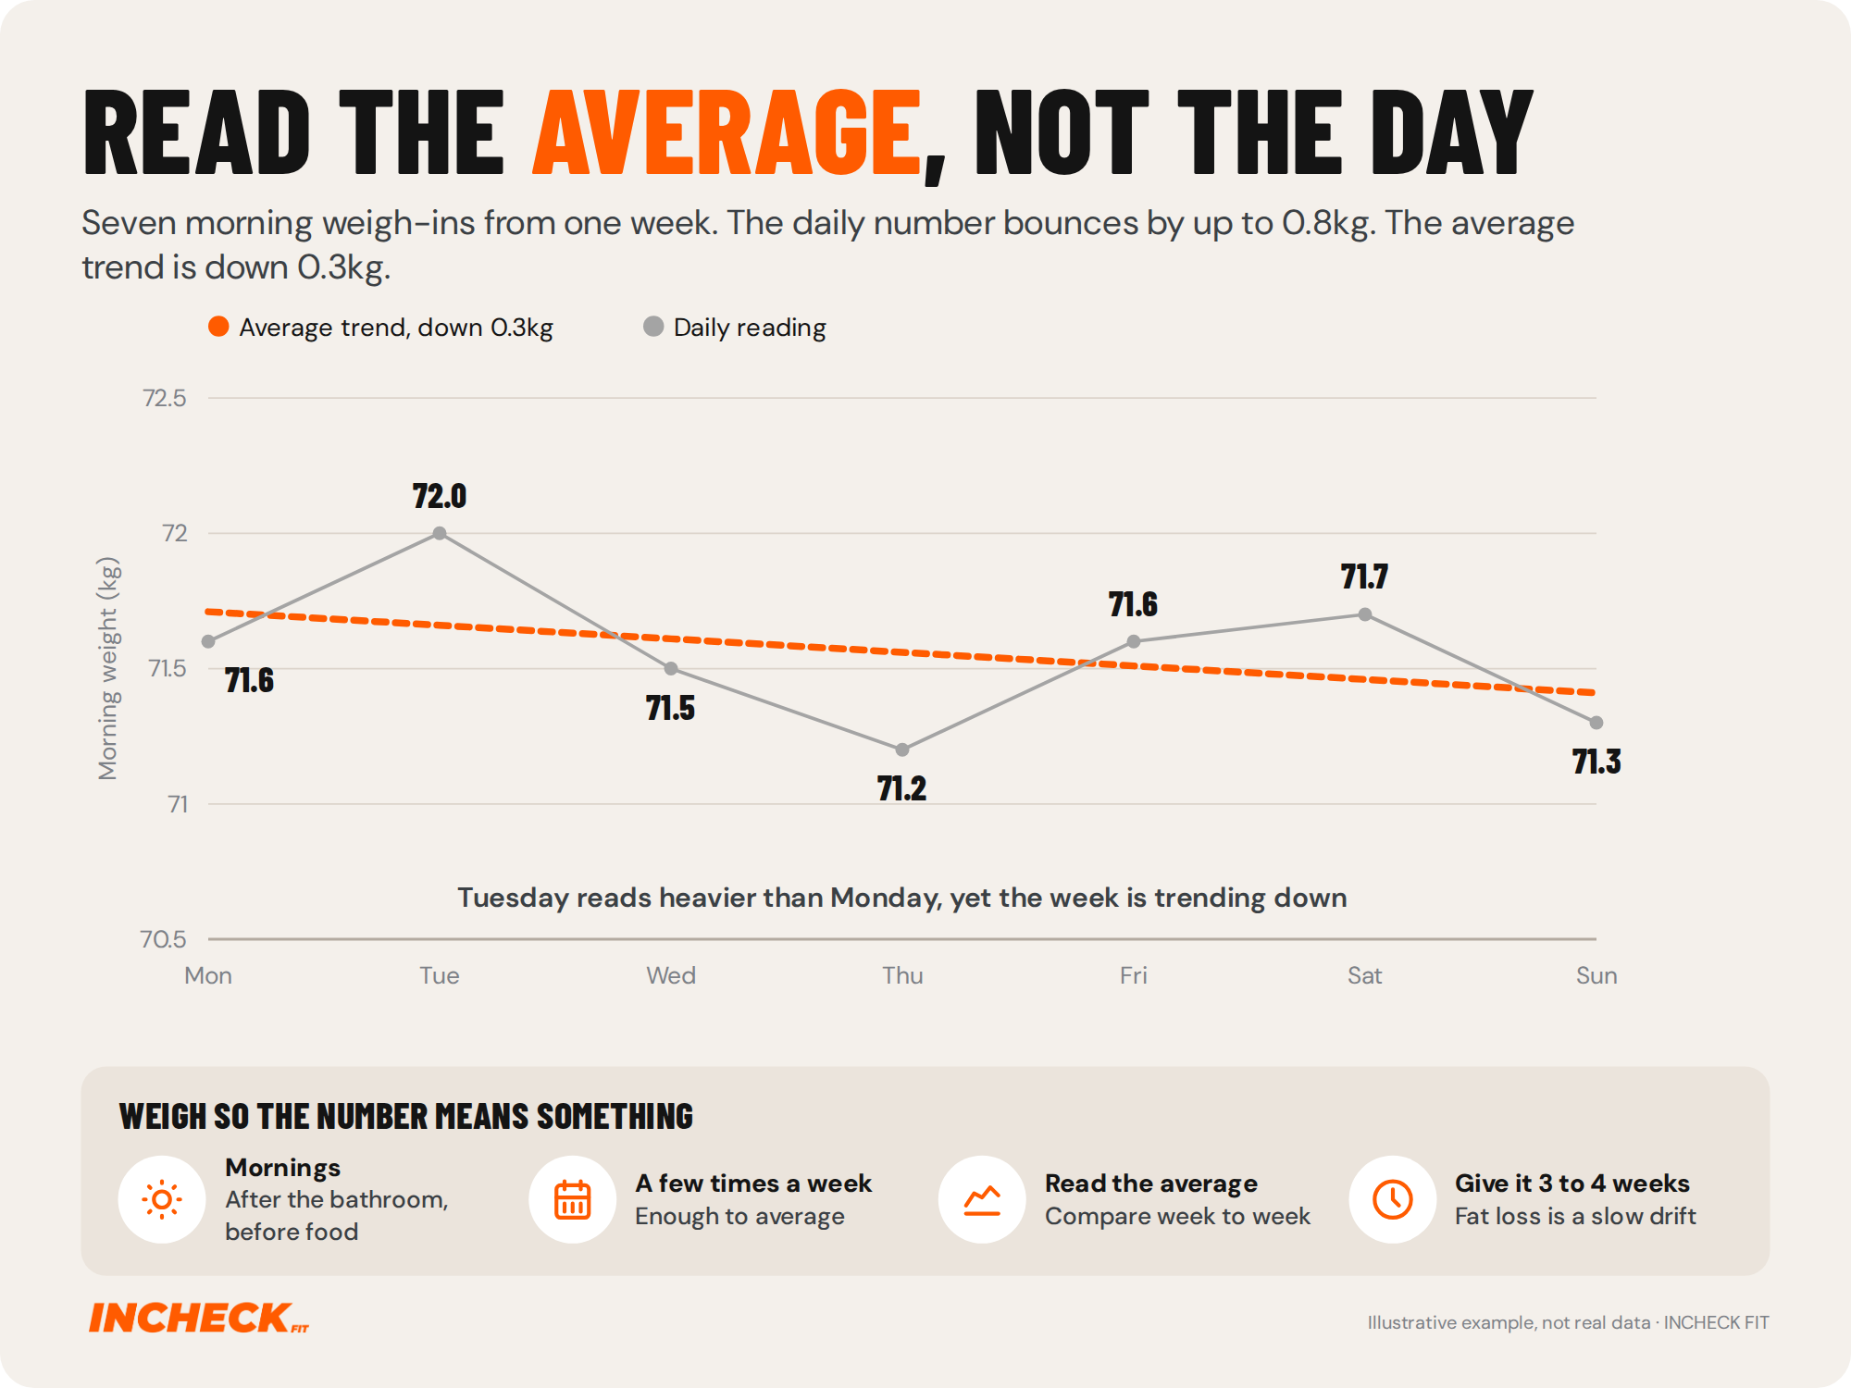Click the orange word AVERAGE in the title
coord(727,131)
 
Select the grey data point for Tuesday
coord(440,533)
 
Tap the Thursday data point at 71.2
coord(902,750)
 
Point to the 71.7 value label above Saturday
coord(1365,576)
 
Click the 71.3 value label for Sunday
coord(1596,762)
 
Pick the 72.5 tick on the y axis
coord(165,398)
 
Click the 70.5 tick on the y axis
coord(164,939)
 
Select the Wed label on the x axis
coord(671,975)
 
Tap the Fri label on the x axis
coord(1134,975)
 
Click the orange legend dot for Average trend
coord(218,327)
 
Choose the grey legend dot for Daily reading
coord(653,327)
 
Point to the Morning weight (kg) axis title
coord(108,668)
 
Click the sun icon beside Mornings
coord(162,1200)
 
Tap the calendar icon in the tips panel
coord(572,1200)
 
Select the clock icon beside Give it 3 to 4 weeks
coord(1393,1200)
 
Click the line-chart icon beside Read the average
coord(982,1200)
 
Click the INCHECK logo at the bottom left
coord(199,1318)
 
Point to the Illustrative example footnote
coord(1569,1322)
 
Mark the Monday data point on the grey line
coord(208,641)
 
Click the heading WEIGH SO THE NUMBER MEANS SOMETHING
coord(406,1117)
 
